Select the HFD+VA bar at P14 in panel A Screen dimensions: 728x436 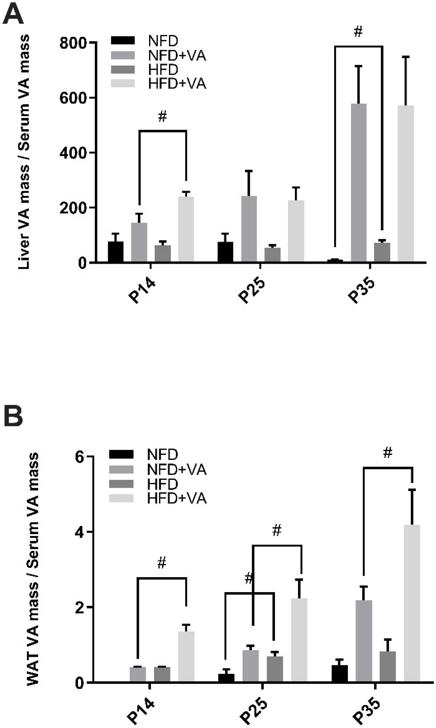click(186, 229)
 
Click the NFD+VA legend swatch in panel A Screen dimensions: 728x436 click(123, 55)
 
